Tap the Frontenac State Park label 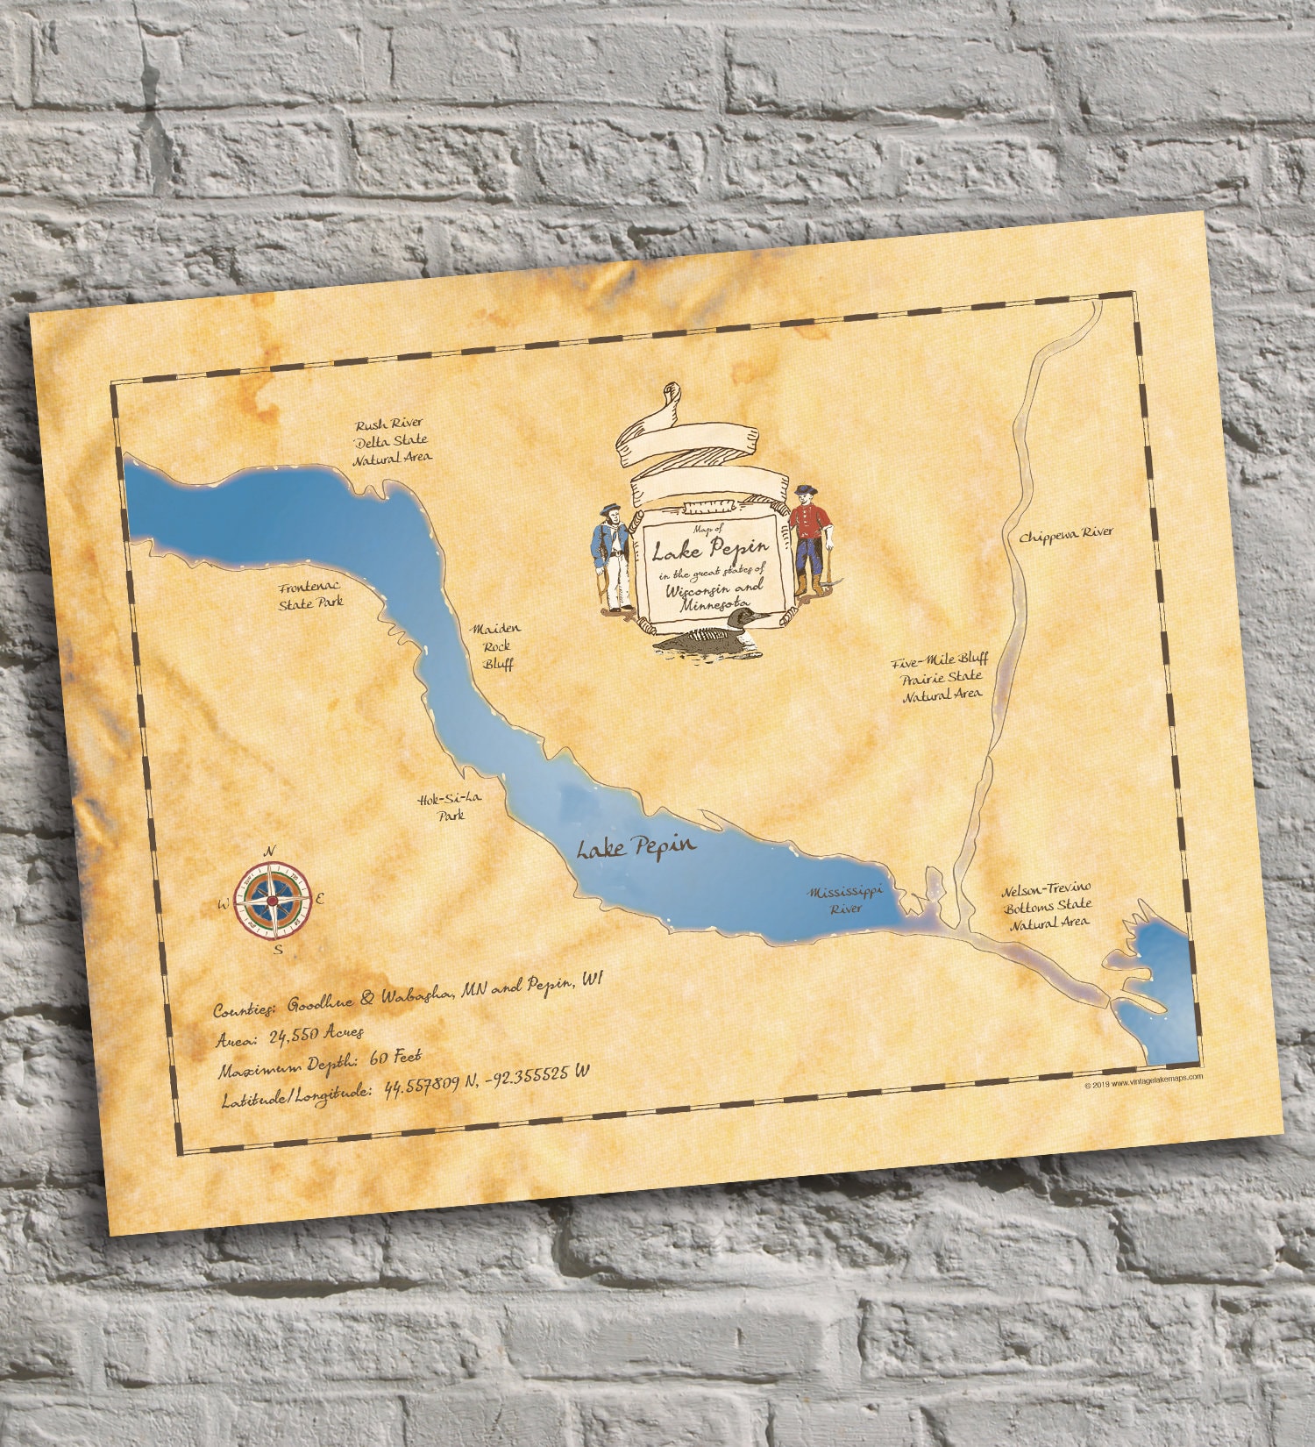coord(310,595)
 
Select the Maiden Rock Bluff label coord(496,646)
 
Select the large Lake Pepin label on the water coord(636,847)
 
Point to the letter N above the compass coord(271,851)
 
